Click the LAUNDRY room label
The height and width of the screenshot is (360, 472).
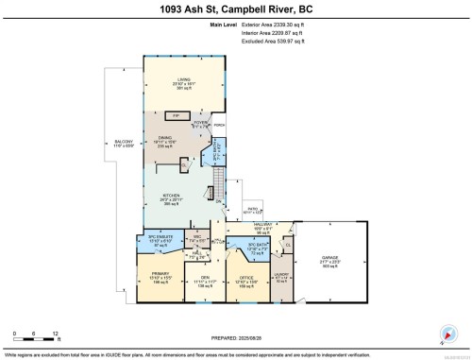click(x=281, y=276)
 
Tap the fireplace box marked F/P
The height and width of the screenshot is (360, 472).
click(x=175, y=115)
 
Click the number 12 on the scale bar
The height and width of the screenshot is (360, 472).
click(x=56, y=334)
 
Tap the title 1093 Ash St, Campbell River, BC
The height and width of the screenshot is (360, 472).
click(x=236, y=9)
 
